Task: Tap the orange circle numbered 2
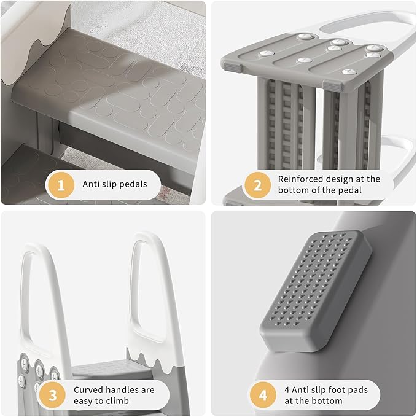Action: pos(257,184)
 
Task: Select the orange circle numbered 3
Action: pos(52,395)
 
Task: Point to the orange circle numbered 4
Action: pos(263,395)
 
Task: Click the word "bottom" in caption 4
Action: pos(326,401)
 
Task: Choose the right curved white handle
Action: pos(147,289)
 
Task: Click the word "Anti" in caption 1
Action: pos(91,184)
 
